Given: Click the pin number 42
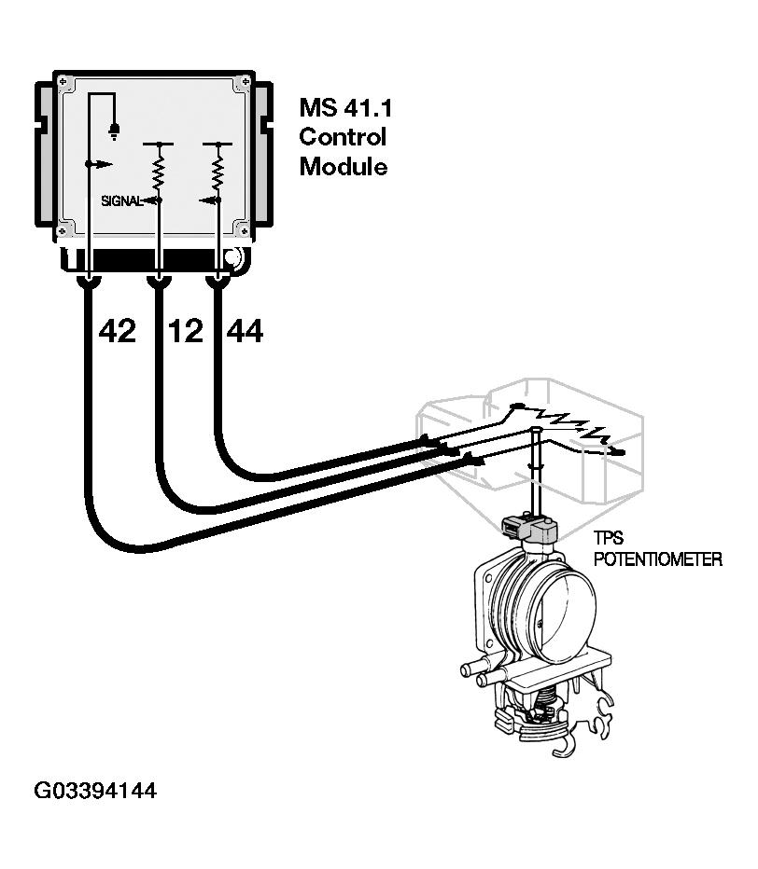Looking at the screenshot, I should (117, 330).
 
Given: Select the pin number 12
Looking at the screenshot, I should (186, 330).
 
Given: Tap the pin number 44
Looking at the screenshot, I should (245, 330).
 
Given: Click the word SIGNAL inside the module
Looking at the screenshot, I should (121, 200).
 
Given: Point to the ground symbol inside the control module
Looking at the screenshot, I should (113, 131).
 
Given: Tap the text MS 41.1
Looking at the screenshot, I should (344, 107).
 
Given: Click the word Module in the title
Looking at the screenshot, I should (343, 167).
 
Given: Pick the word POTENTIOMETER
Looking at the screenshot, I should (657, 560).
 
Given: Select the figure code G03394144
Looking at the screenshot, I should (95, 792).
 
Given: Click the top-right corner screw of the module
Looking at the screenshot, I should (245, 81).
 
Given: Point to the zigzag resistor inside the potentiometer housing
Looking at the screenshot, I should (560, 424).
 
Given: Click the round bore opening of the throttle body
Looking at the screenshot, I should (566, 610).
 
